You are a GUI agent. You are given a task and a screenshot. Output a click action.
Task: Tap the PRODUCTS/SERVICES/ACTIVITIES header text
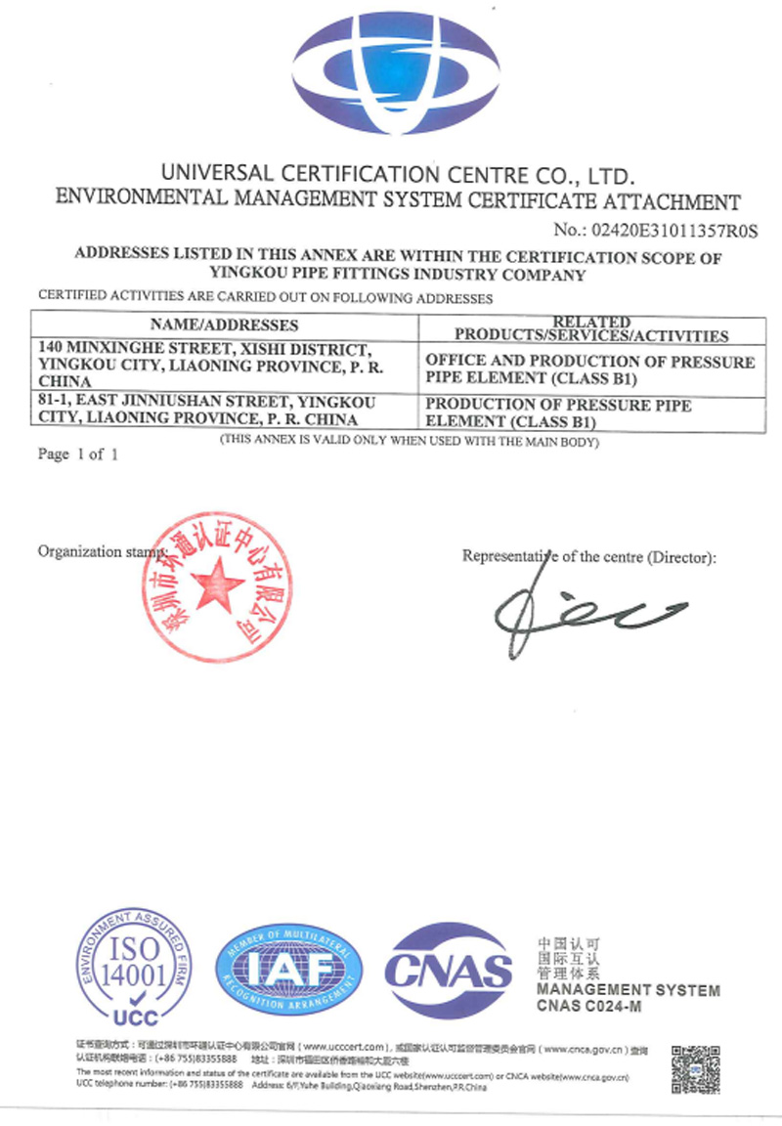[x=591, y=335]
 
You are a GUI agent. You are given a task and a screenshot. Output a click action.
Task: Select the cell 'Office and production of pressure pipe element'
[x=590, y=368]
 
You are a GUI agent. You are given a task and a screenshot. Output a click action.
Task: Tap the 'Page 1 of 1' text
[x=77, y=455]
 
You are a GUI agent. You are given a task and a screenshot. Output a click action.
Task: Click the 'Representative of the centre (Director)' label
[x=588, y=557]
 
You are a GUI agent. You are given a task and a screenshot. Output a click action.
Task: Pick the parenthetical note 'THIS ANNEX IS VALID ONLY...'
[x=409, y=441]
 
